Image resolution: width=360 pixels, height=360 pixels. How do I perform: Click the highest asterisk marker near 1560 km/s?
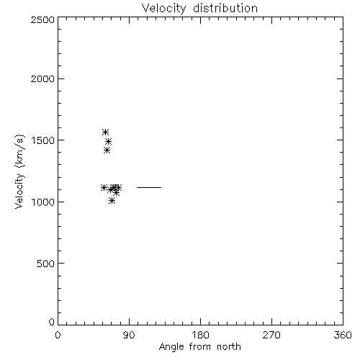click(x=105, y=132)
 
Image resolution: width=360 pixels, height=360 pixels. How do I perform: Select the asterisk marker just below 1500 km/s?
click(x=108, y=141)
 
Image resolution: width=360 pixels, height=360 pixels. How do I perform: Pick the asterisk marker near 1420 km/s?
click(x=107, y=150)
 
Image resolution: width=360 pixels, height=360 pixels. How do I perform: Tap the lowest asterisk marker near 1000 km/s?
click(x=112, y=201)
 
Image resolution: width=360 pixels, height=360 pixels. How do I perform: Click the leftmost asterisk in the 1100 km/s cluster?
click(x=104, y=187)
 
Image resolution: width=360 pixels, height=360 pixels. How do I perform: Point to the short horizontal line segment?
click(x=149, y=187)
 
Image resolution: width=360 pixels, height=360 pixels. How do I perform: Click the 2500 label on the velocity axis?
click(x=42, y=19)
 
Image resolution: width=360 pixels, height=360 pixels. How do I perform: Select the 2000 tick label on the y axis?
click(x=42, y=78)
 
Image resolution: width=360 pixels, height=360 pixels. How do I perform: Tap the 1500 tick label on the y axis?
click(x=43, y=140)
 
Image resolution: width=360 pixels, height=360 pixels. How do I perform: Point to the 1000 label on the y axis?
click(x=43, y=202)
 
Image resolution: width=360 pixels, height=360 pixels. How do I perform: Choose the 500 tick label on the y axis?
click(x=46, y=264)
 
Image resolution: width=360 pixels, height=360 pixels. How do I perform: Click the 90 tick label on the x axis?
click(x=129, y=335)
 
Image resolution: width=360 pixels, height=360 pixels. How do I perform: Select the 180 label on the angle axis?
click(x=200, y=335)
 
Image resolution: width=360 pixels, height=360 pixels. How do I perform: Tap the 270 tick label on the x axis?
click(x=271, y=335)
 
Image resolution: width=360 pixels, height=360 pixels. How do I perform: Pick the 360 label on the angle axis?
click(x=343, y=335)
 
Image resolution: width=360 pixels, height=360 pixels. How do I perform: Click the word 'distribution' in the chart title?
click(x=225, y=8)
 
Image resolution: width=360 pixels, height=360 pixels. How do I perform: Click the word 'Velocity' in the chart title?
click(x=164, y=9)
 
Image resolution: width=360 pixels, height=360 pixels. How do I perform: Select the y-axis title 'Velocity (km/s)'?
click(x=19, y=171)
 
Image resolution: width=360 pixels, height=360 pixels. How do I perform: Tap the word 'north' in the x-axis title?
click(x=229, y=346)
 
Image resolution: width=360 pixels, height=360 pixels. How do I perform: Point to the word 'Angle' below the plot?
click(x=171, y=347)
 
